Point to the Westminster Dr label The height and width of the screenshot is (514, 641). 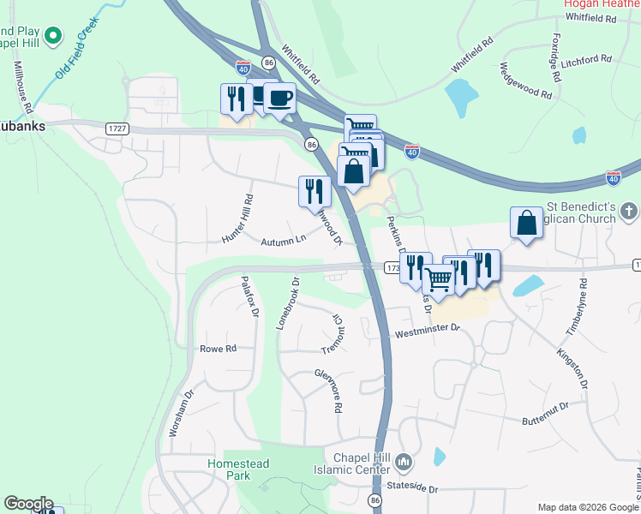pos(427,328)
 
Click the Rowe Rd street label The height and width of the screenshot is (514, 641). pos(218,349)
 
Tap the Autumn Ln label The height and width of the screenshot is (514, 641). pos(284,240)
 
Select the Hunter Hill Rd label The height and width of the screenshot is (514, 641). pos(237,219)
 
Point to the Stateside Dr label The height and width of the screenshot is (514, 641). pos(412,488)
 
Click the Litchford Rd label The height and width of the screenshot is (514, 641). pos(587,60)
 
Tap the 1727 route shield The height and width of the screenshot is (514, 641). pos(117,128)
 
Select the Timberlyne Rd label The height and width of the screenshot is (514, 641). pos(583,307)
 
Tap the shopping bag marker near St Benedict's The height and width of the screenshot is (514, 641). pos(526,223)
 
